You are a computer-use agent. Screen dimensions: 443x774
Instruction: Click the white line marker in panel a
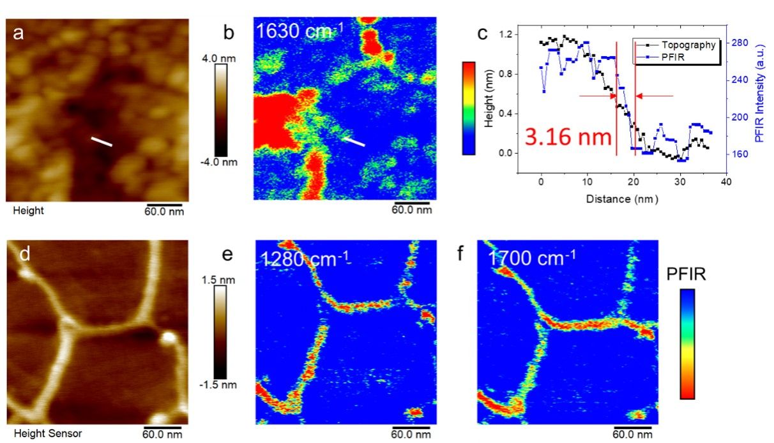101,141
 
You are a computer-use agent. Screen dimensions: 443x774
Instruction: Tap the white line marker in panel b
354,141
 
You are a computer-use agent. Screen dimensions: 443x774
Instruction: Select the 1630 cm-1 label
296,31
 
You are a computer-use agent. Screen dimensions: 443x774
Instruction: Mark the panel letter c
483,33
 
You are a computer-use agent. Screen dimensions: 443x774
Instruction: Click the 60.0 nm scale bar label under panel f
632,434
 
